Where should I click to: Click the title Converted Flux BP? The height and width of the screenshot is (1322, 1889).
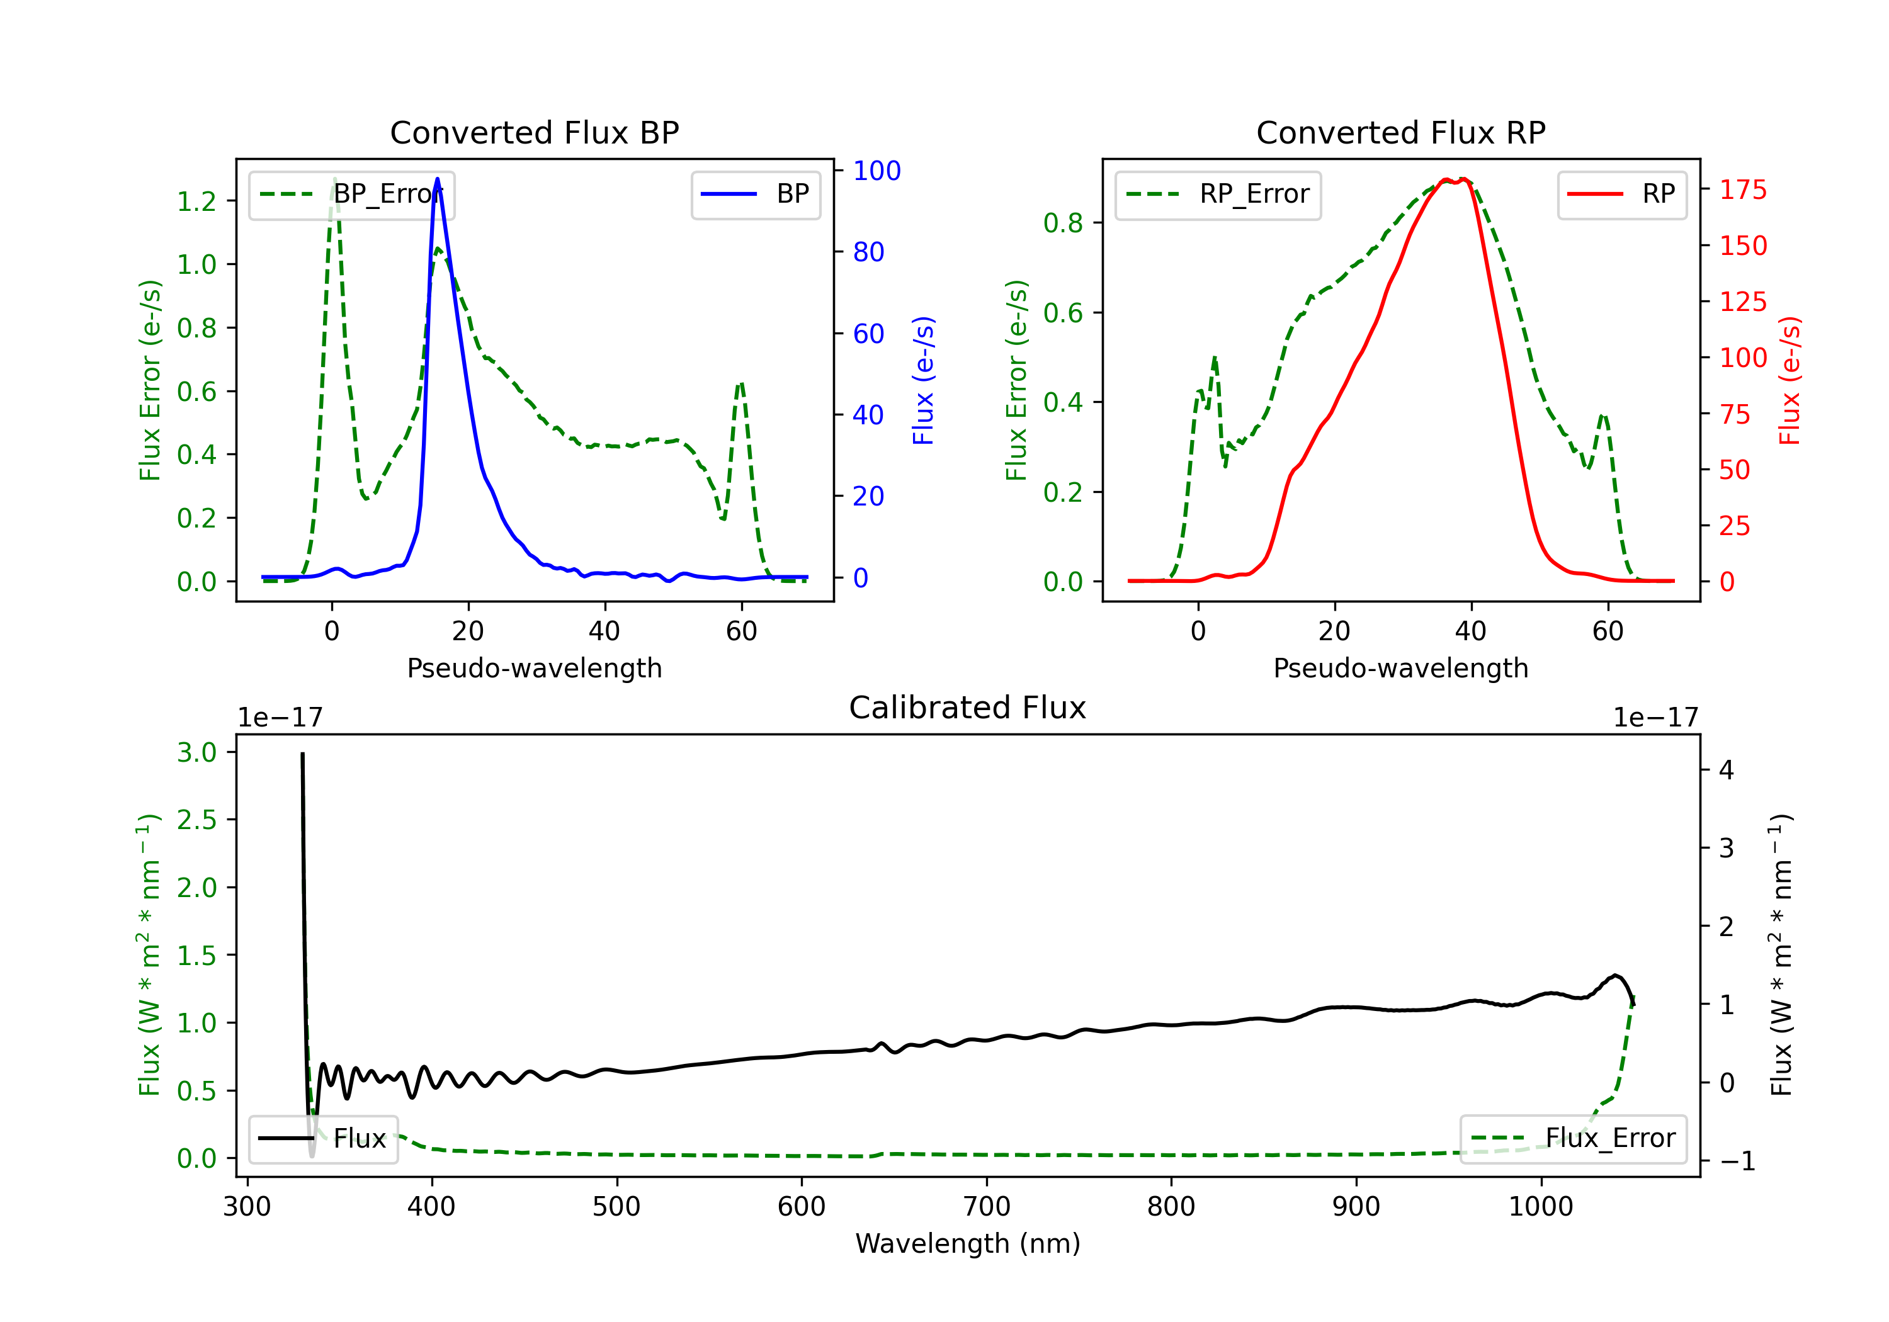534,132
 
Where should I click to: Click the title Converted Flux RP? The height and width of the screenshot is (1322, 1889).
1400,132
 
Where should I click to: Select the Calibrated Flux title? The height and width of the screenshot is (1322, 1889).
968,708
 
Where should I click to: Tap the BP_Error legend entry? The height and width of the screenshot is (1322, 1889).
351,194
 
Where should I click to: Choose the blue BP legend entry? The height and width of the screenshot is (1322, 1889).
755,194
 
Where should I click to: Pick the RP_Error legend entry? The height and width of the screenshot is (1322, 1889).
1218,194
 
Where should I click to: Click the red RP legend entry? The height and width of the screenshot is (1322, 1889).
1621,194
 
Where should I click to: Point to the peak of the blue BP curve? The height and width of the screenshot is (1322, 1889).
437,179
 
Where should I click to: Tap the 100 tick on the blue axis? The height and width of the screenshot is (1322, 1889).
877,171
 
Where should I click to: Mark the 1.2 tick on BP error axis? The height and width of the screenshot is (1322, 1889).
196,201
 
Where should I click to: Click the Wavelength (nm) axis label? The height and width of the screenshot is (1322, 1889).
968,1243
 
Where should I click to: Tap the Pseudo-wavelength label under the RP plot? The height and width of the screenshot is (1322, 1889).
1400,668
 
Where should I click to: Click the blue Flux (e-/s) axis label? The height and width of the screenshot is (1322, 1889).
923,380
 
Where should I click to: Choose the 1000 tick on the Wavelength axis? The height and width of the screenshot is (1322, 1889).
1540,1206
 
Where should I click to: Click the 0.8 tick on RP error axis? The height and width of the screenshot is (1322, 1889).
1063,223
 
